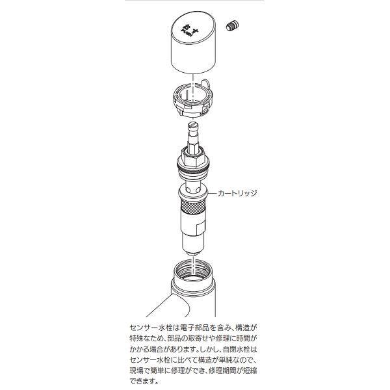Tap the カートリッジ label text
pos(237,194)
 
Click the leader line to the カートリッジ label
pos(212,194)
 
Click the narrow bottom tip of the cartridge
pos(193,248)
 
